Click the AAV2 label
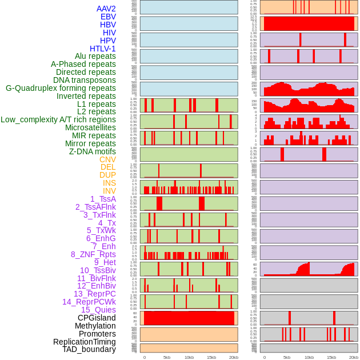pos(106,9)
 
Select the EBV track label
pos(108,17)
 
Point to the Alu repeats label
pos(95,57)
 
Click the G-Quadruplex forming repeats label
pos(61,88)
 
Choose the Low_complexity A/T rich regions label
pos(58,119)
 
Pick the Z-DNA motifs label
pos(92,151)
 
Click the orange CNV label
pos(107,159)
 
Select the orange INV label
pos(109,191)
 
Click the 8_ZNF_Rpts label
pos(93,254)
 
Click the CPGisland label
pos(97,318)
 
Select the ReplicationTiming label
pos(84,342)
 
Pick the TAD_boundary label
pos(89,349)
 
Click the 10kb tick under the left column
pos(189,357)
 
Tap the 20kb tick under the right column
pos(354,357)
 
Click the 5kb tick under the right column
pos(287,357)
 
